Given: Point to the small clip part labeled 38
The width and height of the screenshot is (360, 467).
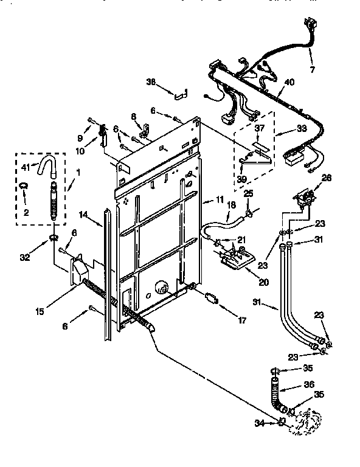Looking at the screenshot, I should click(x=181, y=94).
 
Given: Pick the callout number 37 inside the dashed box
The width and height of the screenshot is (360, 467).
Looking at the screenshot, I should click(x=260, y=128).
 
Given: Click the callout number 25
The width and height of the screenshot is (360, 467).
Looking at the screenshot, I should click(x=247, y=193).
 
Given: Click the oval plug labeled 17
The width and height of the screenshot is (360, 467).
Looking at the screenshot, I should click(x=211, y=298).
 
